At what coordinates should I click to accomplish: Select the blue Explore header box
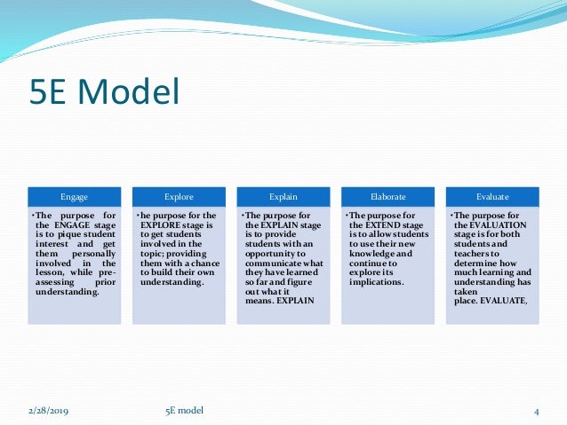pos(178,195)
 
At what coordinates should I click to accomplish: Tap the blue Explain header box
pos(283,195)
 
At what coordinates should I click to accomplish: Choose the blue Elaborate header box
pos(387,195)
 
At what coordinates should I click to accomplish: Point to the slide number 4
pos(538,410)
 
